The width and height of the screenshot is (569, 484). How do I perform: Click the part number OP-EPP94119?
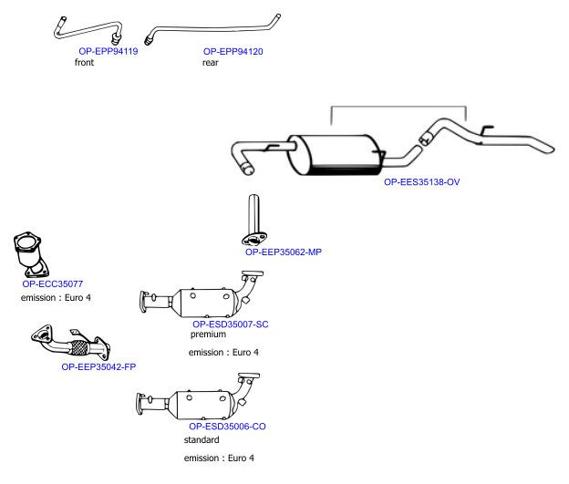pos(109,51)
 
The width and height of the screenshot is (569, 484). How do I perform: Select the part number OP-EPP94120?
pos(233,52)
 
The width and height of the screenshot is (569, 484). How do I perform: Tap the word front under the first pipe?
pos(84,62)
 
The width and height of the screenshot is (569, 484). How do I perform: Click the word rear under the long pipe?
pos(211,62)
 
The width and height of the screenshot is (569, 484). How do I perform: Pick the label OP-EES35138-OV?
pos(421,181)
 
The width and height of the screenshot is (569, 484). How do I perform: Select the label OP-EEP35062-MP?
pos(284,252)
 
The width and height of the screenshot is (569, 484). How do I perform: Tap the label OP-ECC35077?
pos(53,283)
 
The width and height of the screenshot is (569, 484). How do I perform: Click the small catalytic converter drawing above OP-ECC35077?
pos(30,254)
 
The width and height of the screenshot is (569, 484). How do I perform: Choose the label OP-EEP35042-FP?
pos(98,366)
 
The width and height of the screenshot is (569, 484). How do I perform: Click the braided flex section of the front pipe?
pos(80,347)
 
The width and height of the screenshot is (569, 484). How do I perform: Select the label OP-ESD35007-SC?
pos(231,324)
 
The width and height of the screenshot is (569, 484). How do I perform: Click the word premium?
pos(208,335)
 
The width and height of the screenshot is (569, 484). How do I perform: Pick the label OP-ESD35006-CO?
pos(227,427)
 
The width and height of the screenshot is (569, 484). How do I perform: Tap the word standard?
pos(202,439)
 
